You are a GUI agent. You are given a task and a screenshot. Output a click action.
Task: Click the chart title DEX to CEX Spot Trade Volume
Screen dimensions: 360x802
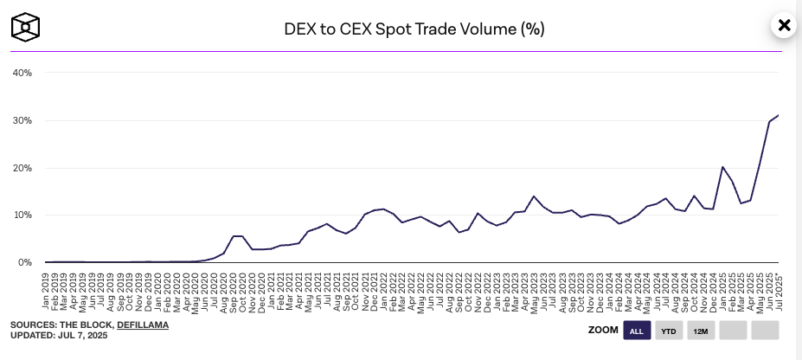tap(414, 29)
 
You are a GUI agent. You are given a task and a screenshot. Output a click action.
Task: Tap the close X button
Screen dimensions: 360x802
tap(784, 25)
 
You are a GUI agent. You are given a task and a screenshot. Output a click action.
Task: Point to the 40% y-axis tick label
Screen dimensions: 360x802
tap(22, 73)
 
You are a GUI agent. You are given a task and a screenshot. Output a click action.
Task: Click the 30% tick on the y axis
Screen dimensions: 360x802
tap(22, 120)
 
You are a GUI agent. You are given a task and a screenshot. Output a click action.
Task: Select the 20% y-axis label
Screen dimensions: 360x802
tap(22, 168)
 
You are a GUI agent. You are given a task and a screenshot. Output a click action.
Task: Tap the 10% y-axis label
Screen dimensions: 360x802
tap(22, 215)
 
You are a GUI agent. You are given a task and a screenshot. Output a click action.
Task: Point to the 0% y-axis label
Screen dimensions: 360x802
tap(24, 262)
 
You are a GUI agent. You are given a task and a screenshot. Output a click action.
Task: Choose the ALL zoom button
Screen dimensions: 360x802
tap(636, 331)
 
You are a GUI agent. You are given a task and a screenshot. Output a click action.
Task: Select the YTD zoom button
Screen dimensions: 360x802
tap(669, 331)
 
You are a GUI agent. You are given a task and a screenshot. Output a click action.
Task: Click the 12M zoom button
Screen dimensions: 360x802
tap(701, 331)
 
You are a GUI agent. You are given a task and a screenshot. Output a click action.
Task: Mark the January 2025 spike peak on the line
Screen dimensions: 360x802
tap(722, 167)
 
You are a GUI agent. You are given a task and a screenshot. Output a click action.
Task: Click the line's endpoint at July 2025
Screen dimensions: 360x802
tap(779, 115)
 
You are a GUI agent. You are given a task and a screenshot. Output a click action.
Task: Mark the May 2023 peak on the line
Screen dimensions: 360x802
tap(535, 196)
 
